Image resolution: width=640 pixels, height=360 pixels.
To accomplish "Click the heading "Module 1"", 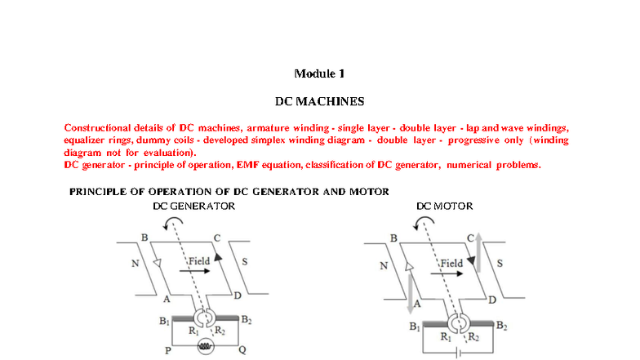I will point(319,73).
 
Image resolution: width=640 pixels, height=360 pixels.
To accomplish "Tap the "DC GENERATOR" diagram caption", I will point(194,207).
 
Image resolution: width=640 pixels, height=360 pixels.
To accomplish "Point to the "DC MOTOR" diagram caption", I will point(444,207).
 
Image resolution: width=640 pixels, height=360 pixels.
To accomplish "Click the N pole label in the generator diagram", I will point(135,264).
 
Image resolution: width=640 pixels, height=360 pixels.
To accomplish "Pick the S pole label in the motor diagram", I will point(500,264).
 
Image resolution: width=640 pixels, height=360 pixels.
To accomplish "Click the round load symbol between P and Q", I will point(206,347).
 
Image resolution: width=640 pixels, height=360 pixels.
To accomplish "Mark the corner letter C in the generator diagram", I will point(216,238).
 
